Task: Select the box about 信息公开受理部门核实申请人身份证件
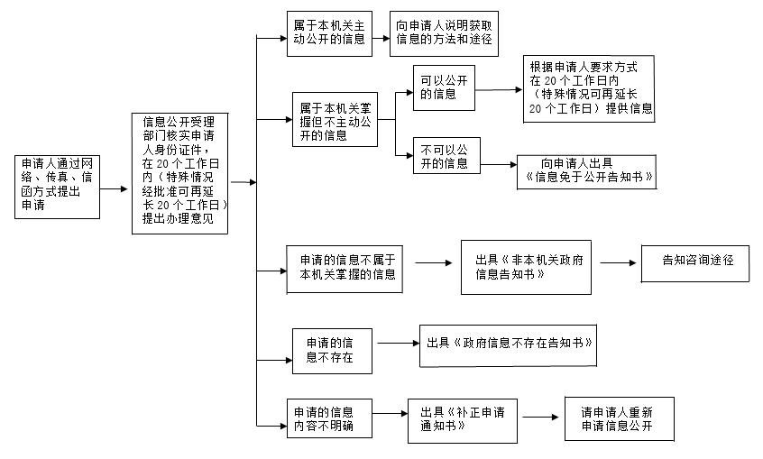pos(179,173)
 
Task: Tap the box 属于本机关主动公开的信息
pos(329,34)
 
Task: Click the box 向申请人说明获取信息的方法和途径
pos(443,34)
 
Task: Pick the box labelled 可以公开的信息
pos(444,87)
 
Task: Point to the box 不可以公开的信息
pos(444,156)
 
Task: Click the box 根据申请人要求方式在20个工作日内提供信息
pos(588,88)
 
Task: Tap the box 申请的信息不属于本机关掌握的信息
pos(344,268)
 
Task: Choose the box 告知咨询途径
pos(694,262)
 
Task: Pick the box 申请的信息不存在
pos(332,350)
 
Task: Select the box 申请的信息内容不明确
pos(328,418)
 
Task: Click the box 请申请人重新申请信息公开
pos(619,418)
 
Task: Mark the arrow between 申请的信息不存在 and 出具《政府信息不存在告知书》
pos(398,343)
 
